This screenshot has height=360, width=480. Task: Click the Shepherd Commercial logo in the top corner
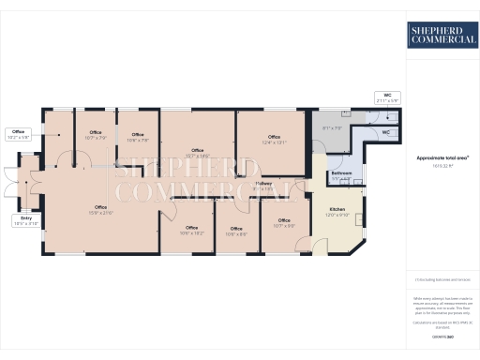click(439, 37)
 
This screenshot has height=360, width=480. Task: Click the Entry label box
click(26, 221)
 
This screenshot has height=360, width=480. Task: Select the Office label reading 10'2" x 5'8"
click(19, 134)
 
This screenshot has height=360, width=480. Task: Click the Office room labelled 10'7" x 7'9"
click(96, 135)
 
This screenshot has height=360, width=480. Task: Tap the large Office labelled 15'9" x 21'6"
click(100, 210)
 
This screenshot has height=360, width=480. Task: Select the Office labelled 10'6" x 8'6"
click(236, 231)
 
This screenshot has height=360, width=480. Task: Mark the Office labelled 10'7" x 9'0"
click(284, 223)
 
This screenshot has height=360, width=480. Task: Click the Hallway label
click(263, 187)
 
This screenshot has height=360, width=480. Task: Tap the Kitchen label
click(337, 212)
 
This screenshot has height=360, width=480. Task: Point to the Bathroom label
click(341, 175)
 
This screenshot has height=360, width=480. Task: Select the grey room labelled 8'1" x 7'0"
click(332, 128)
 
